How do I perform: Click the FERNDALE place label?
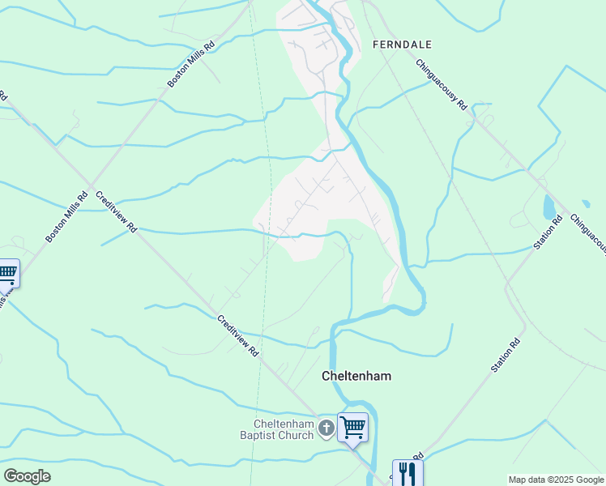[402, 45]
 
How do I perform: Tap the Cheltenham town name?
[356, 376]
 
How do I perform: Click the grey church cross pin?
[326, 428]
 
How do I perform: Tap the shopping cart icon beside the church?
[353, 427]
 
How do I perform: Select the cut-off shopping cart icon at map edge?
[7, 274]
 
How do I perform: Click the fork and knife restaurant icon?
[407, 473]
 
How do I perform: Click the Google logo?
[27, 476]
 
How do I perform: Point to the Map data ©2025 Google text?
[555, 480]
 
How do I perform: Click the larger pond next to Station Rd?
[549, 207]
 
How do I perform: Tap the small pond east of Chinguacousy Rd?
[586, 204]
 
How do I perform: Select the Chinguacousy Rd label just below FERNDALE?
[442, 84]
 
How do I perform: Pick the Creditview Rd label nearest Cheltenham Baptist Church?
[238, 335]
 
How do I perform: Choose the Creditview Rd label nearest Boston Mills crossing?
[116, 212]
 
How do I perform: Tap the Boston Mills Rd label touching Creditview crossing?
[66, 217]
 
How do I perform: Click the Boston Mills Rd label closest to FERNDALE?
[190, 65]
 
